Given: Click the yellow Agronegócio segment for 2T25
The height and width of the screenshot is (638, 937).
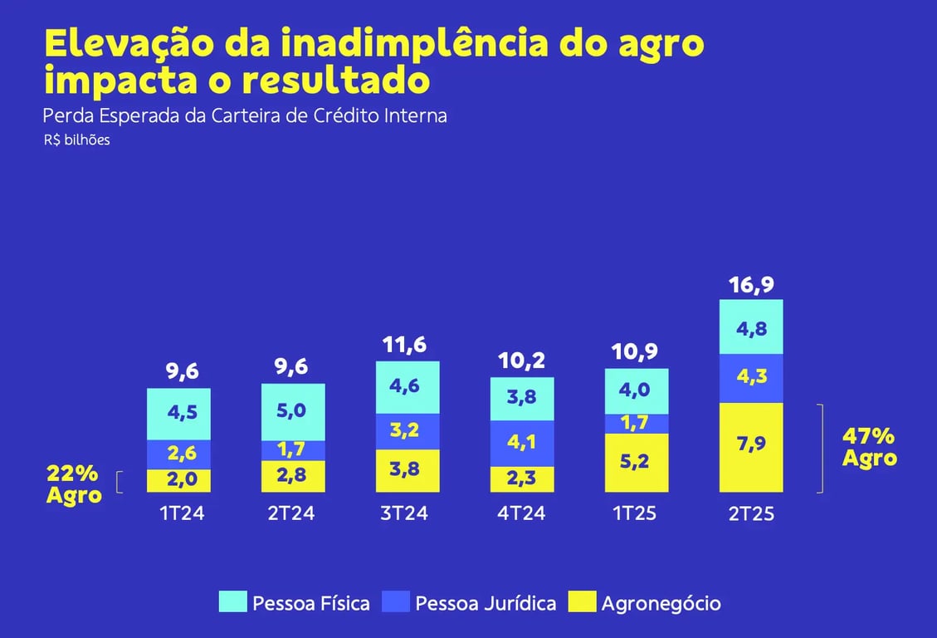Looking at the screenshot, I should (751, 448).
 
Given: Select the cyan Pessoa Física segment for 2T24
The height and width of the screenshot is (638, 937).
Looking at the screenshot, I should (293, 412).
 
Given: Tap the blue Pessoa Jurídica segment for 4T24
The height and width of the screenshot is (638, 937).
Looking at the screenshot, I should (522, 443).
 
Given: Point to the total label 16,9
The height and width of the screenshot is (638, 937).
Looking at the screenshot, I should (751, 284).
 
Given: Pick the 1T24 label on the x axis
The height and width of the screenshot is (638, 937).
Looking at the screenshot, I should (182, 513).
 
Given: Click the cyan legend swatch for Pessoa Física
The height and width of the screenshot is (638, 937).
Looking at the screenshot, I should (233, 602).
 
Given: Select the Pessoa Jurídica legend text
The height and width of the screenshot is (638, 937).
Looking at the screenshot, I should (486, 603).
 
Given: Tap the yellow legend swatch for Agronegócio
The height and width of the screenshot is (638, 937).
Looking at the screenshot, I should (583, 602).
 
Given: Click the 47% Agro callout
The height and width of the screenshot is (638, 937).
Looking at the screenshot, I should (869, 447).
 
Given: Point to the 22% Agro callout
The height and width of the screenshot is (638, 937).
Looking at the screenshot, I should (74, 484).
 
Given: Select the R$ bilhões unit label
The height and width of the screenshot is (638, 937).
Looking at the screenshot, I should (77, 140).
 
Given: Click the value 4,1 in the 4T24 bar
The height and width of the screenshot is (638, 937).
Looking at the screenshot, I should (522, 443).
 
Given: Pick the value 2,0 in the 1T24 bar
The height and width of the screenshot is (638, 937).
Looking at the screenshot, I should (178, 481).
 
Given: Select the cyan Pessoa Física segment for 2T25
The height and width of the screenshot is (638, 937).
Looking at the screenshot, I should (751, 326).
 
